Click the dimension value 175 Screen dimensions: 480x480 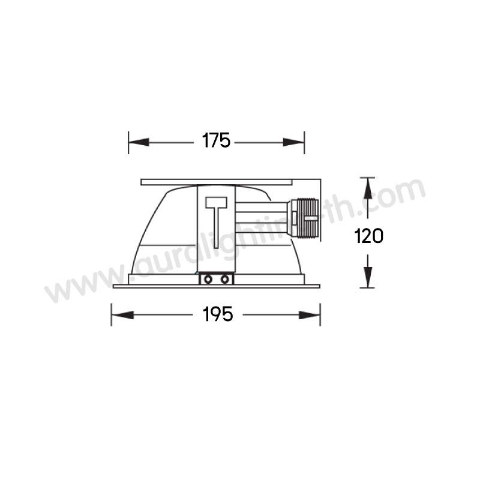(x=216, y=140)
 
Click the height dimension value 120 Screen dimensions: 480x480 (x=368, y=236)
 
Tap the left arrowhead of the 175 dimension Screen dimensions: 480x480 (x=139, y=142)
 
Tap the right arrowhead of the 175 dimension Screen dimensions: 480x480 (x=293, y=142)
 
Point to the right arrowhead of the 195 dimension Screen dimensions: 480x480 (x=310, y=315)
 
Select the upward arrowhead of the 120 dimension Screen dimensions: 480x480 (x=368, y=188)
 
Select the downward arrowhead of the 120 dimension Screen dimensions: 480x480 (x=368, y=277)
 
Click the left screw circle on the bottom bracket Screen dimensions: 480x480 (x=208, y=279)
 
